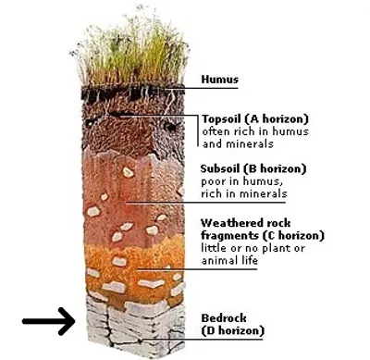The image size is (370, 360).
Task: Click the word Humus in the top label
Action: (220, 80)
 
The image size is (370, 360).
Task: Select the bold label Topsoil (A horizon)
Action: (254, 119)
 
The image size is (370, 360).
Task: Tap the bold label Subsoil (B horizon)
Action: (253, 169)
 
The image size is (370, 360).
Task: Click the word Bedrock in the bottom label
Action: (225, 317)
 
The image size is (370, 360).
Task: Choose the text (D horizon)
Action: (233, 330)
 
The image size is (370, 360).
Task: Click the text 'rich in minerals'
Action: (243, 194)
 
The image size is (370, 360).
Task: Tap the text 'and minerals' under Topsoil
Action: (237, 144)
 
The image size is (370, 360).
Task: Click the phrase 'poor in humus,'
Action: (243, 182)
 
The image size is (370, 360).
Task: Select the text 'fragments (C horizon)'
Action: (254, 235)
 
